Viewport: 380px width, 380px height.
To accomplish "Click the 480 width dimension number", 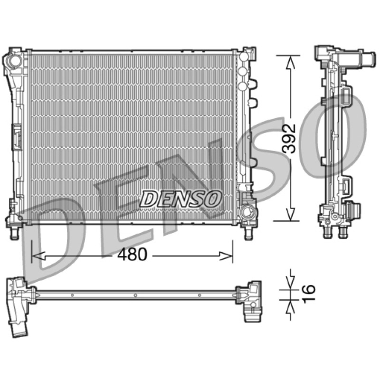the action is (x=132, y=254).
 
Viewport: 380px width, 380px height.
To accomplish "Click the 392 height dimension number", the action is (x=289, y=138).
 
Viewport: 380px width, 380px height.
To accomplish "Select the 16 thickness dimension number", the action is (x=308, y=292).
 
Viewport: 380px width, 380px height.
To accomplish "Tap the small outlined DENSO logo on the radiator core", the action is (x=181, y=199).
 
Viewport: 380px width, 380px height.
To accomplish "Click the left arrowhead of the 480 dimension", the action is (x=38, y=256).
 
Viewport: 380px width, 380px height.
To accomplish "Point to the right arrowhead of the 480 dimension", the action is (x=226, y=256).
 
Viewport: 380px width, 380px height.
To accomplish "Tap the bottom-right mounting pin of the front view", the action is (x=248, y=234).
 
